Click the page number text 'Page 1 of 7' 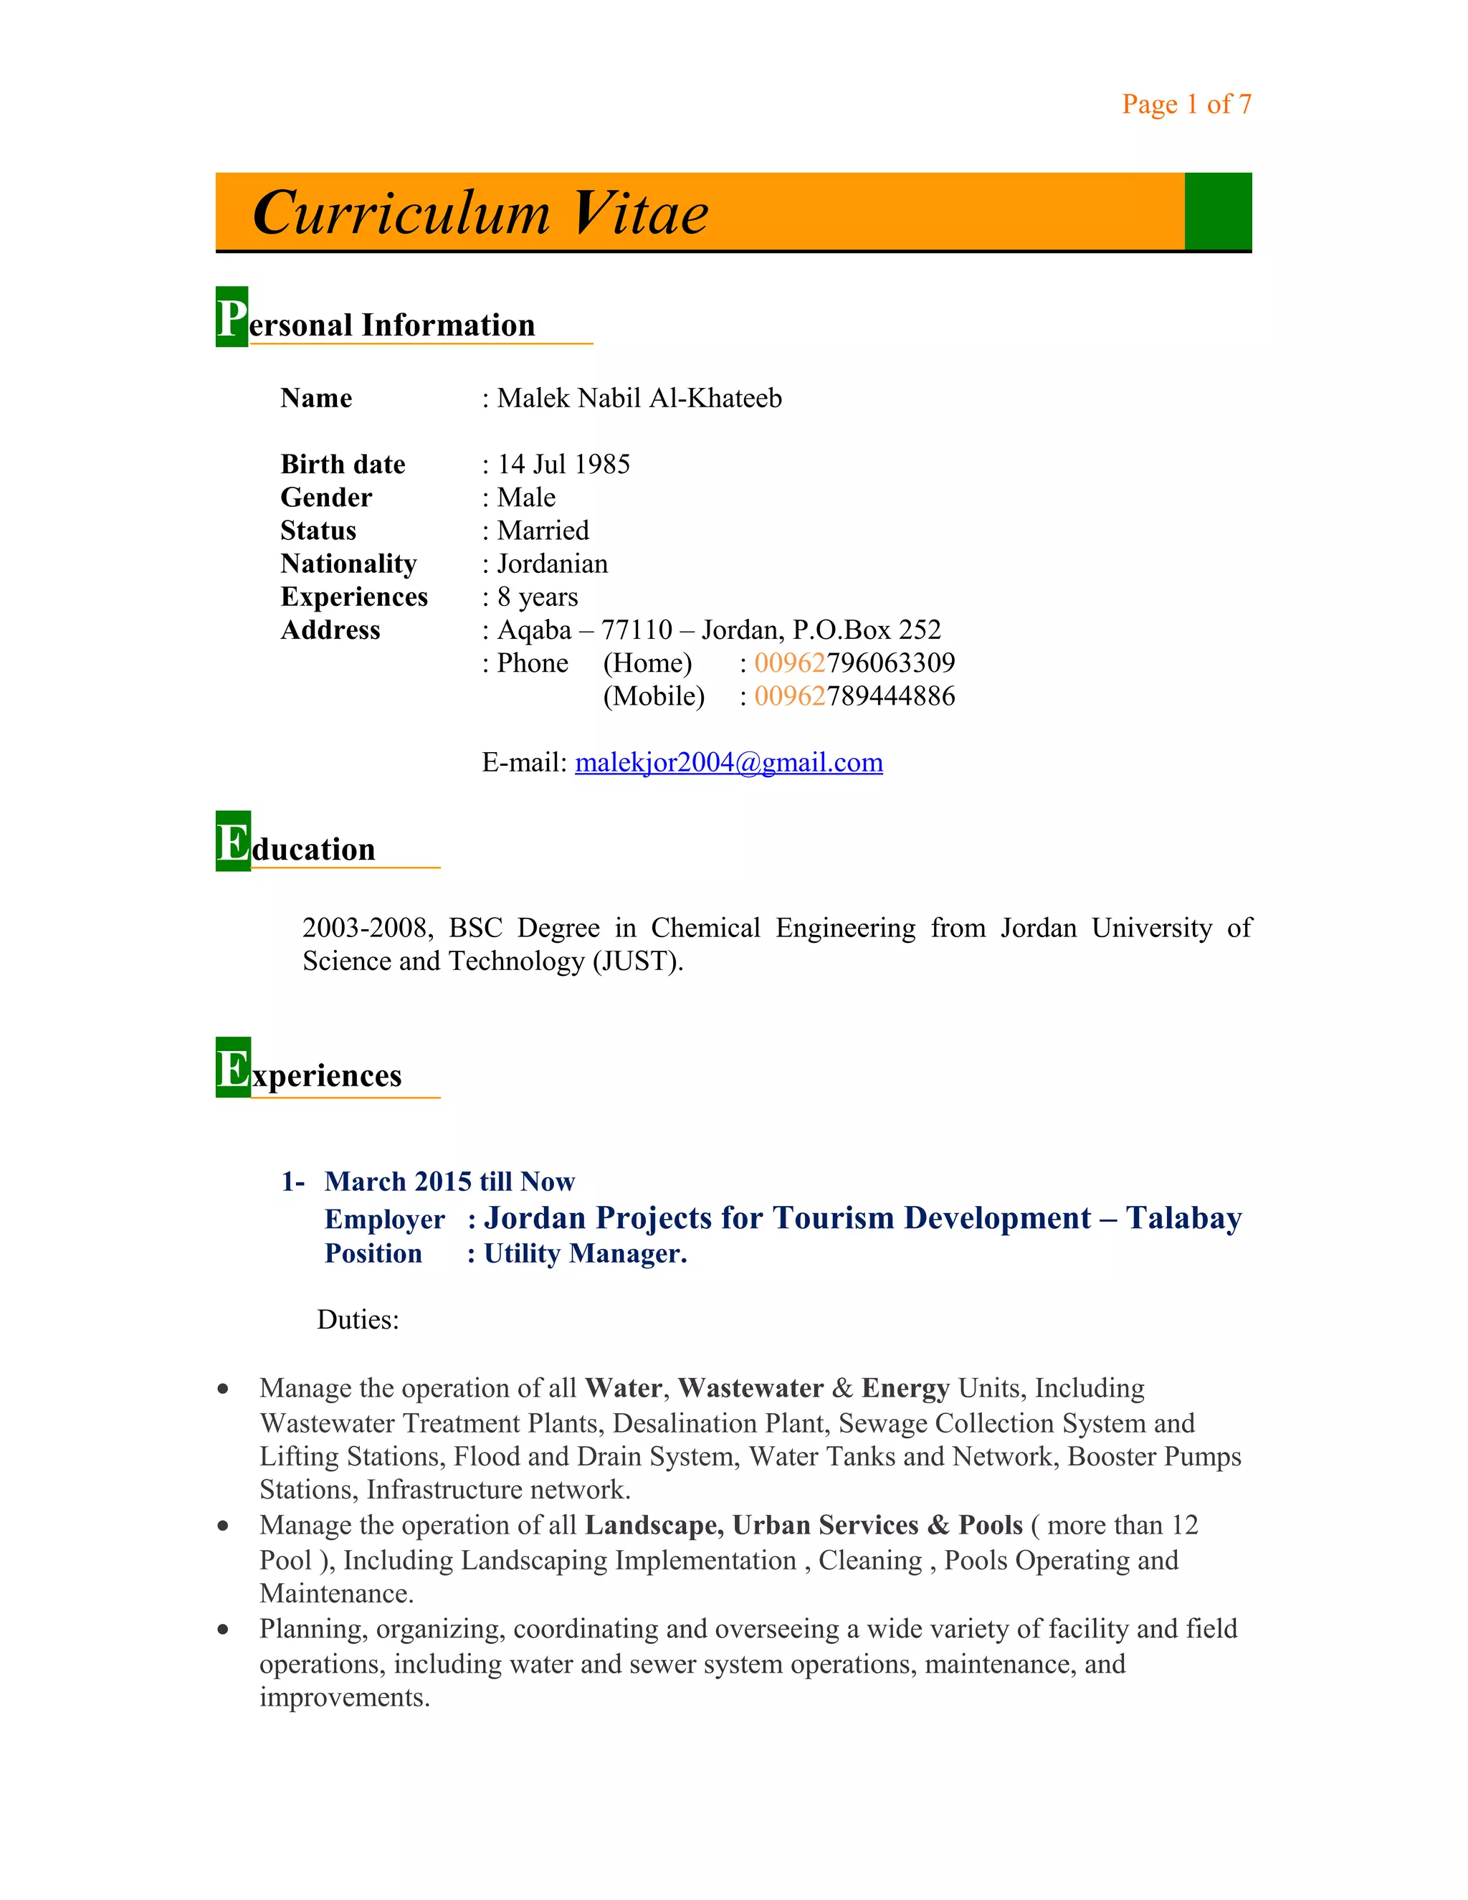click(x=1186, y=105)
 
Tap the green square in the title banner click(x=1218, y=212)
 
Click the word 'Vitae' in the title click(x=641, y=214)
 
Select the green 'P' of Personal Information click(x=232, y=318)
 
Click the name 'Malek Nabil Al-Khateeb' click(x=639, y=399)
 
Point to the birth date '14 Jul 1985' click(x=563, y=465)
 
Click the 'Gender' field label click(x=326, y=498)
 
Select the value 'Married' click(x=543, y=531)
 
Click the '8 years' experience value click(x=538, y=597)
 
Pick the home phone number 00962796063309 click(x=854, y=663)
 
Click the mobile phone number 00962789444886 click(x=854, y=696)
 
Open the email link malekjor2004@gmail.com click(x=729, y=763)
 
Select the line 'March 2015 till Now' click(x=449, y=1182)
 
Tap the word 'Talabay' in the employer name click(x=1183, y=1218)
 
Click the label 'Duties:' click(x=358, y=1320)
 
